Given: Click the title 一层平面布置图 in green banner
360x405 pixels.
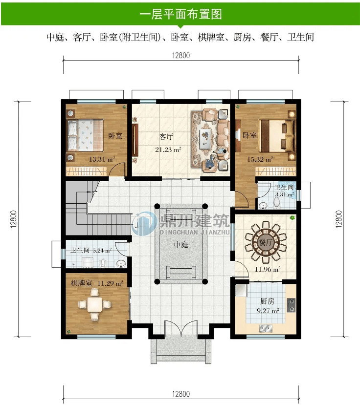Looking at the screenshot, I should point(181,14).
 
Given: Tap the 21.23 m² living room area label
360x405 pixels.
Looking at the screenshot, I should point(168,150).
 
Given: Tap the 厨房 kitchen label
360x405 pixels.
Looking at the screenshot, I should point(267,301).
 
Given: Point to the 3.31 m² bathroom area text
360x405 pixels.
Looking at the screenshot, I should point(285,194).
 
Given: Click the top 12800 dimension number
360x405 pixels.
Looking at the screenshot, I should point(180,55).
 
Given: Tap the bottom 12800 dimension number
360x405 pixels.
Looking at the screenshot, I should point(180,394).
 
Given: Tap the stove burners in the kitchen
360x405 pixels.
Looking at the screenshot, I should point(292,304).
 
